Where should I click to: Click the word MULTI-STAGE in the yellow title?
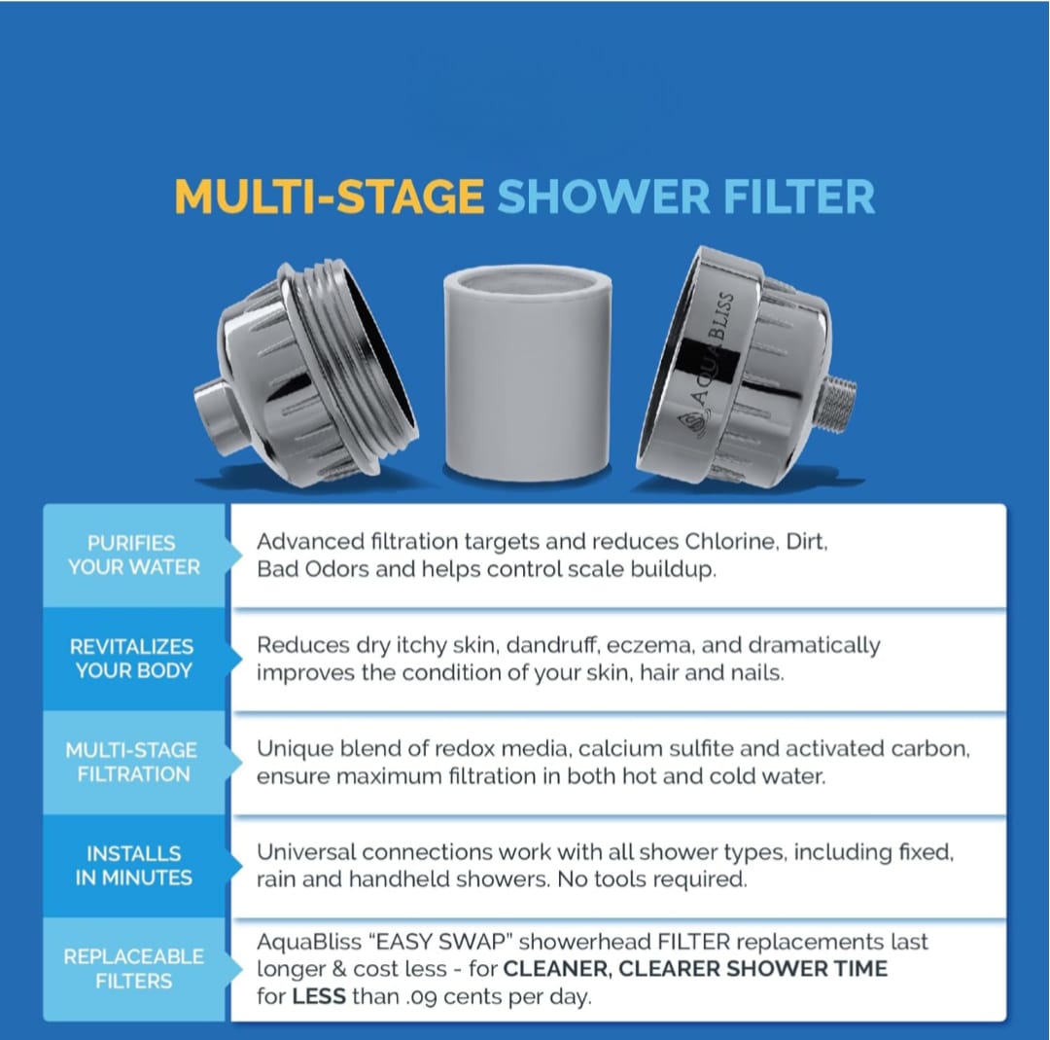click(329, 197)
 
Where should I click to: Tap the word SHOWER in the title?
click(604, 197)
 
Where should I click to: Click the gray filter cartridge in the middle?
click(528, 373)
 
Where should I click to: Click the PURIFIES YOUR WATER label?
click(133, 555)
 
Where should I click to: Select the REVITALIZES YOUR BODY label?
click(133, 658)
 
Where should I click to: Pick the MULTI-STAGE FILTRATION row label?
click(132, 762)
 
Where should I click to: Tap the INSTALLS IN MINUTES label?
click(133, 865)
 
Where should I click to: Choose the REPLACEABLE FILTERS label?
click(133, 968)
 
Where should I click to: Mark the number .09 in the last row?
click(421, 997)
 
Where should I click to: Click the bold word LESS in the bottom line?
click(319, 996)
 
